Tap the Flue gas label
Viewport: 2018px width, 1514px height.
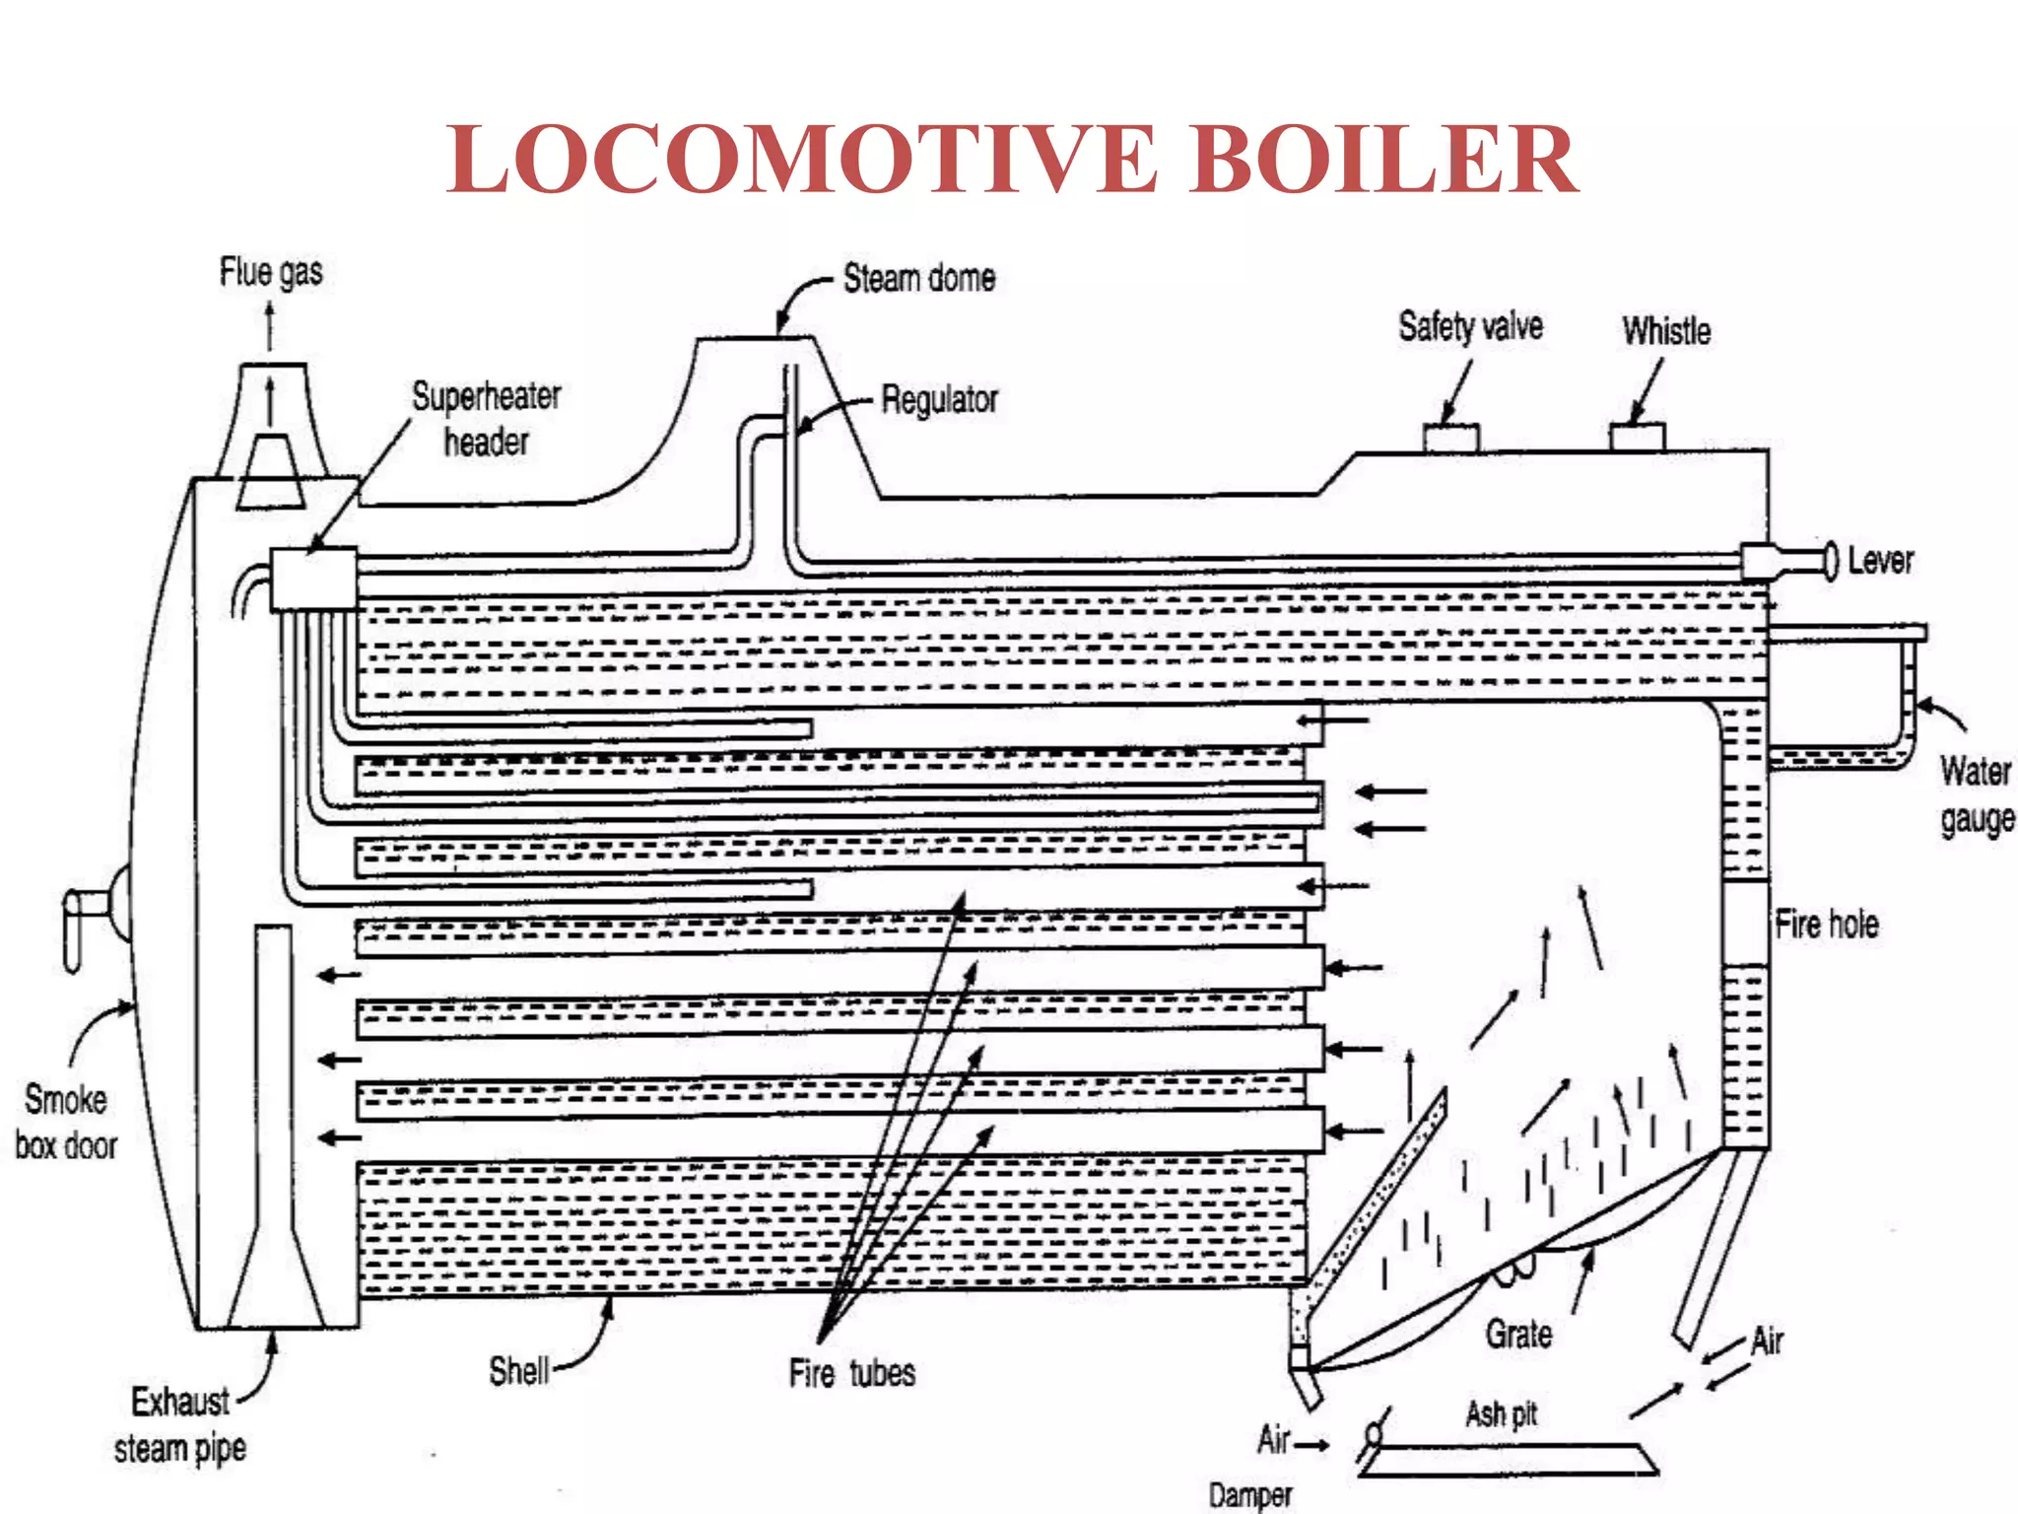271,272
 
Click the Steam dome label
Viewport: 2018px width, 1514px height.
918,279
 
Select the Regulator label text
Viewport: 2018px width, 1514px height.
939,400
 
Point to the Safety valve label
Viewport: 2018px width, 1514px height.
1470,326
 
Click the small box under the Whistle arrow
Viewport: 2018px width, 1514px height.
1638,437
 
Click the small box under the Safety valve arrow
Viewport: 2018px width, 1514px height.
1450,438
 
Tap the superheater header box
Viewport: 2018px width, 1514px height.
313,580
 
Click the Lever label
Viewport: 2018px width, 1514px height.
1880,561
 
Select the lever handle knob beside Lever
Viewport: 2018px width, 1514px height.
1831,561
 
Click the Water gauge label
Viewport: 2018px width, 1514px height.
1976,794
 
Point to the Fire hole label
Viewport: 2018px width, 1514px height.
1826,925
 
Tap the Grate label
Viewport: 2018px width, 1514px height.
1518,1335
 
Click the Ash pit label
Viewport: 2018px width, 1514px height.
1501,1414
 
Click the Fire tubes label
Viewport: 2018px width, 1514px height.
851,1373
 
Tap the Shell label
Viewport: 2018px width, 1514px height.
519,1371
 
